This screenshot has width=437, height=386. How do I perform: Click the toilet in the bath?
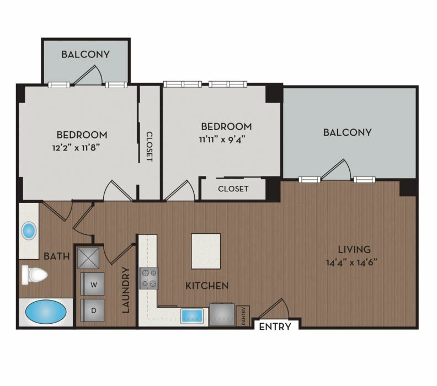[34, 275]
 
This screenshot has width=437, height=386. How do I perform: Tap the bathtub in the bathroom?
[46, 312]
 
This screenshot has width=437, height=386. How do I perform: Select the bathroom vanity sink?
[29, 231]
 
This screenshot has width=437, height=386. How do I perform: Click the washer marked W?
[93, 284]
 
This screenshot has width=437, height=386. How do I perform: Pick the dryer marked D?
[93, 310]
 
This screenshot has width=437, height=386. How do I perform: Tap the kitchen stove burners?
[148, 278]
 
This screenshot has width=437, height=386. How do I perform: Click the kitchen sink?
[192, 316]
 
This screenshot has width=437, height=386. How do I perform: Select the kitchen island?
[206, 251]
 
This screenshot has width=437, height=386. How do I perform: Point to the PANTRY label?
[243, 316]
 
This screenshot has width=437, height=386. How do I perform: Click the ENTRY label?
[275, 326]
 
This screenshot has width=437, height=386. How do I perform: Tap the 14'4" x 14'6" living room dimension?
[351, 262]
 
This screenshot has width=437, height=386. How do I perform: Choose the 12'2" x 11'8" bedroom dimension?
[76, 147]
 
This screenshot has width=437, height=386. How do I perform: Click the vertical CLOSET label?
[150, 147]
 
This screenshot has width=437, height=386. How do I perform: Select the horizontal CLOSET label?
[233, 189]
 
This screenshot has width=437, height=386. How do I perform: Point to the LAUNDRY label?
[126, 290]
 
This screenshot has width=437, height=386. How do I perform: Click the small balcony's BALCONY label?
[86, 54]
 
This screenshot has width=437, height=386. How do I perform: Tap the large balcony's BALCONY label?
[347, 132]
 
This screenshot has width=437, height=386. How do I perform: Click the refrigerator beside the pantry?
[222, 314]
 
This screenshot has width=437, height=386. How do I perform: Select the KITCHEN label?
[207, 286]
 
